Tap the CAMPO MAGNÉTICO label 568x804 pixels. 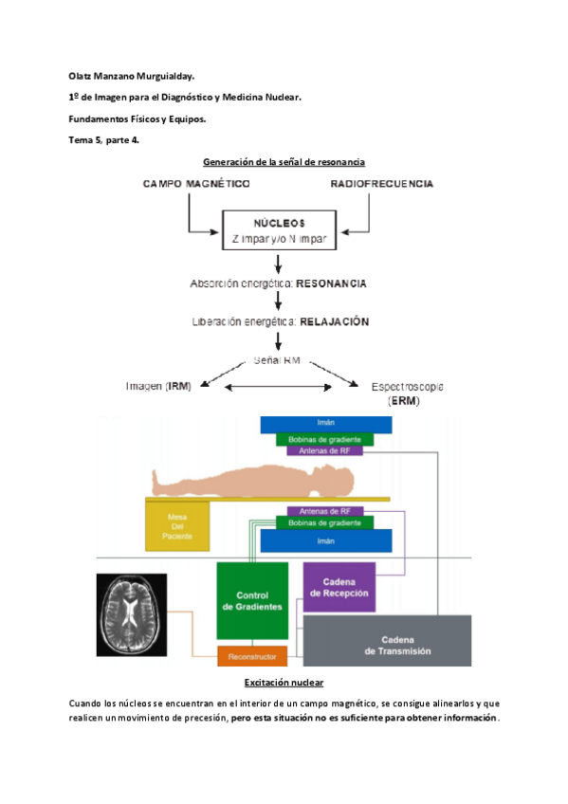(196, 183)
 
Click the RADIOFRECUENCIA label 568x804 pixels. (382, 183)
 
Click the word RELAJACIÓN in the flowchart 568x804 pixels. (334, 321)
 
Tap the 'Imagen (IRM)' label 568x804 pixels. (158, 386)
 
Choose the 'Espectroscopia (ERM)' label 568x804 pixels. (395, 392)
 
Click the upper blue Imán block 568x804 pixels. (325, 424)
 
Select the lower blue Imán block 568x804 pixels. (325, 539)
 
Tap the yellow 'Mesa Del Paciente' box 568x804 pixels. (175, 524)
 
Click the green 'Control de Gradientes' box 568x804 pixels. (251, 600)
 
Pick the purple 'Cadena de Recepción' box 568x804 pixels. (339, 587)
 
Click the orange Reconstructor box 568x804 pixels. (251, 655)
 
